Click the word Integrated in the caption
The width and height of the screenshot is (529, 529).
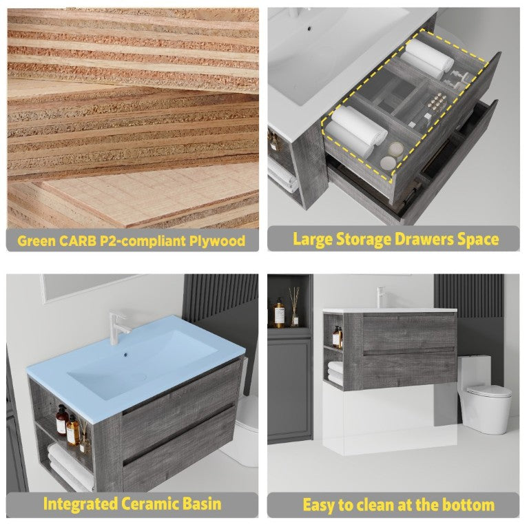click(81, 504)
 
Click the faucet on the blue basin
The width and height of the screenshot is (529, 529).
click(118, 328)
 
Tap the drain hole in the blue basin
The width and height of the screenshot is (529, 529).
click(126, 355)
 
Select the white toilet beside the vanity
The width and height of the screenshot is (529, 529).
click(484, 394)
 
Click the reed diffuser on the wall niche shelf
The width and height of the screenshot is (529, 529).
click(295, 307)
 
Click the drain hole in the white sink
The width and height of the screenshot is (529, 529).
click(309, 29)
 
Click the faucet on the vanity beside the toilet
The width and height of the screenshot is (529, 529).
click(381, 298)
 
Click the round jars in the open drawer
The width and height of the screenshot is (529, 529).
click(391, 156)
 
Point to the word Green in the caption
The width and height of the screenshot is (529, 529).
click(37, 241)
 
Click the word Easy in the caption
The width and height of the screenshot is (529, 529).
click(319, 506)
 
